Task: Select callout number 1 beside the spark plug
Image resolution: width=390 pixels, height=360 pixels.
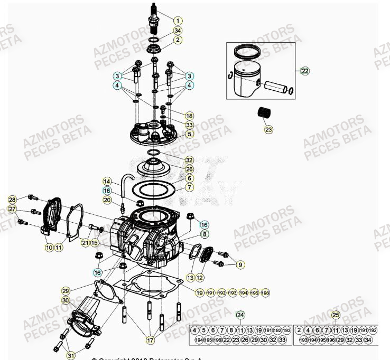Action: click(x=179, y=21)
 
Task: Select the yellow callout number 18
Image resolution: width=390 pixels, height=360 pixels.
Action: click(x=189, y=116)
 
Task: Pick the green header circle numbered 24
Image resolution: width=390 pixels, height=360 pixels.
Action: click(x=240, y=316)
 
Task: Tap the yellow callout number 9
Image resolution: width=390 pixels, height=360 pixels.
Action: click(x=240, y=264)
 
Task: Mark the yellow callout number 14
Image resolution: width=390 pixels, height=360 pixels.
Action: click(x=107, y=181)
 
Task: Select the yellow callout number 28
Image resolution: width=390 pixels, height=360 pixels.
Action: click(x=12, y=200)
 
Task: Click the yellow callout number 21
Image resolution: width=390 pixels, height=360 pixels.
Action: click(x=85, y=242)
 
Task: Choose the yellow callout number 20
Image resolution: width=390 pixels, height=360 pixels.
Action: click(x=107, y=200)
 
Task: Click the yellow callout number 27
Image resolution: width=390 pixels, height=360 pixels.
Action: click(x=12, y=210)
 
